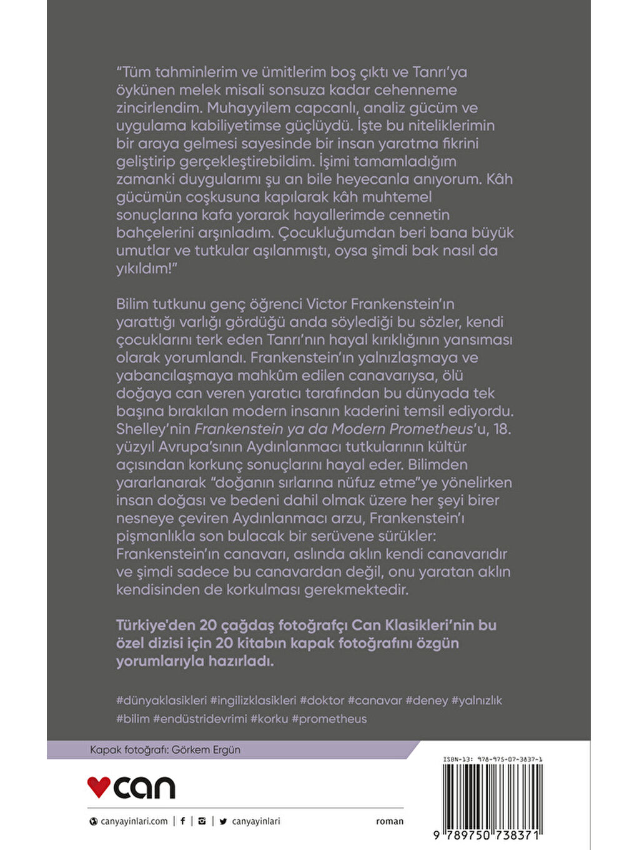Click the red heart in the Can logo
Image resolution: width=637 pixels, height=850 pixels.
click(x=99, y=786)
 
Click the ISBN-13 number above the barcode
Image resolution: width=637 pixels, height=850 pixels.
click(x=493, y=759)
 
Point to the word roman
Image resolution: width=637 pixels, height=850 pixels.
click(x=390, y=821)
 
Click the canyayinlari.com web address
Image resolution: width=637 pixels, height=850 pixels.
click(x=134, y=821)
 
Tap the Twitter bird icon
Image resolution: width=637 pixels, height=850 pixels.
click(x=223, y=821)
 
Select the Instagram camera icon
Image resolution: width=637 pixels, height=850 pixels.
click(x=202, y=821)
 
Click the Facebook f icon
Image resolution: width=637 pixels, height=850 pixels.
click(x=182, y=821)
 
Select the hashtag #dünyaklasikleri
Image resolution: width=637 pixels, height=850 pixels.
click(x=161, y=701)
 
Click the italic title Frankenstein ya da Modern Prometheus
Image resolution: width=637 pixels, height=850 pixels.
click(x=333, y=429)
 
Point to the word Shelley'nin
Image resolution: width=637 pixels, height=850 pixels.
click(x=153, y=429)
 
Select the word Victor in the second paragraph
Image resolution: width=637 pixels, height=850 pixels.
click(x=327, y=304)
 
